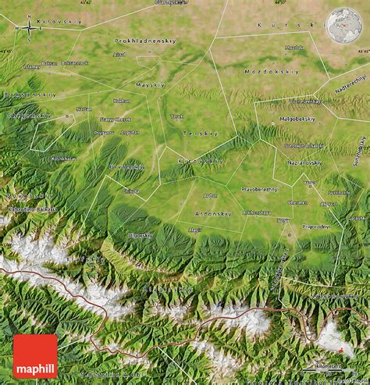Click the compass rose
(30, 28)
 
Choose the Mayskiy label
(150, 84)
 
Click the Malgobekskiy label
(297, 119)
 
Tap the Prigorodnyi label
(317, 226)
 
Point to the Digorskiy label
(141, 234)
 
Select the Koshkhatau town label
(64, 158)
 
